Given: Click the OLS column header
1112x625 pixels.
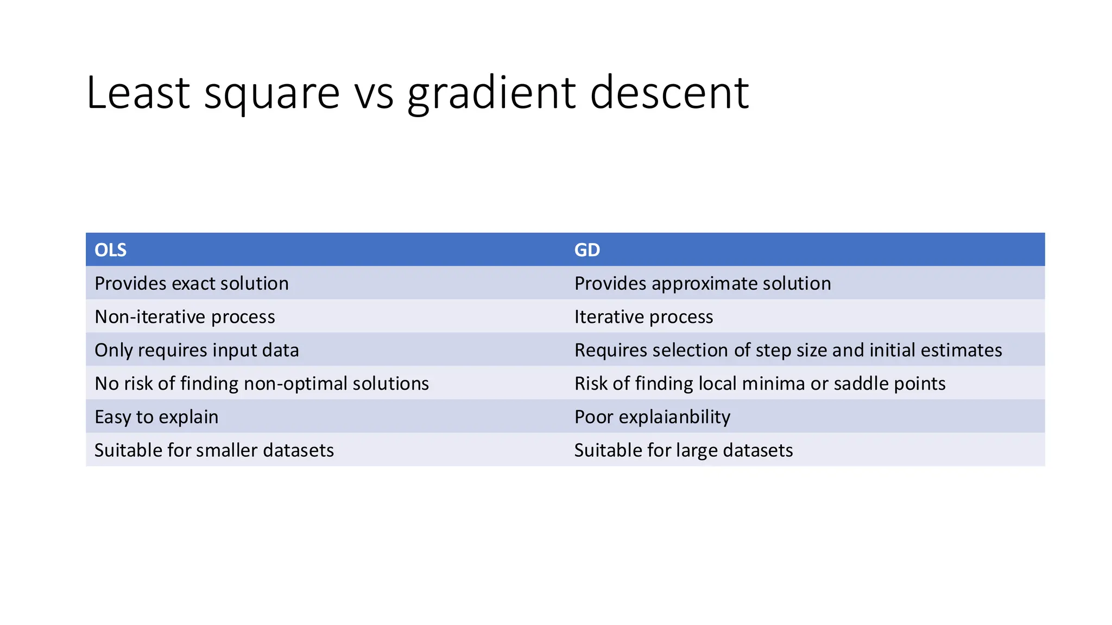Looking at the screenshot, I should [x=110, y=250].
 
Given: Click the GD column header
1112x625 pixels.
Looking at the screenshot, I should [x=587, y=250].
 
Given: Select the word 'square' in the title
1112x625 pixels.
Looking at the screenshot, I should [x=271, y=93].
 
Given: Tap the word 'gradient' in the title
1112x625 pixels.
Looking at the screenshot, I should [x=491, y=93].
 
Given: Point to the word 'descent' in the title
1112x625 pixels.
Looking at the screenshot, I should [x=669, y=93].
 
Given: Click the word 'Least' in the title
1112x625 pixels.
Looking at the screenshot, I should [x=138, y=93].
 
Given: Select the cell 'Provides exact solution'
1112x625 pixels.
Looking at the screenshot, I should [x=191, y=284].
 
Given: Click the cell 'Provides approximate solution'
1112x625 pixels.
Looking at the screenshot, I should [x=702, y=284].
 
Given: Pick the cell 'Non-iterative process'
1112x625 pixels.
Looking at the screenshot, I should [x=185, y=317].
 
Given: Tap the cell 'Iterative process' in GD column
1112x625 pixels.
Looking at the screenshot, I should [x=643, y=317].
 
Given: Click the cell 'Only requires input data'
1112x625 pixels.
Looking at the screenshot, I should [x=197, y=350].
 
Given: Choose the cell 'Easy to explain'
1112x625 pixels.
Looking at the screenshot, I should [x=156, y=417].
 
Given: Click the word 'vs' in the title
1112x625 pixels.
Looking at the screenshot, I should [x=374, y=93].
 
